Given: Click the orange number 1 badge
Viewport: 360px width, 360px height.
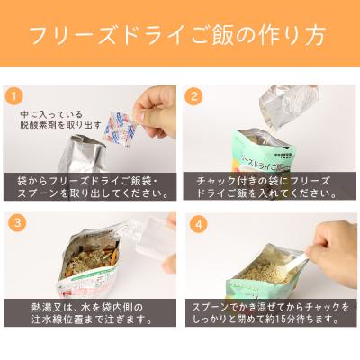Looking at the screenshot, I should [13, 94].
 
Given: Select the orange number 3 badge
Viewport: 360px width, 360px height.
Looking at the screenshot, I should [13, 221].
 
